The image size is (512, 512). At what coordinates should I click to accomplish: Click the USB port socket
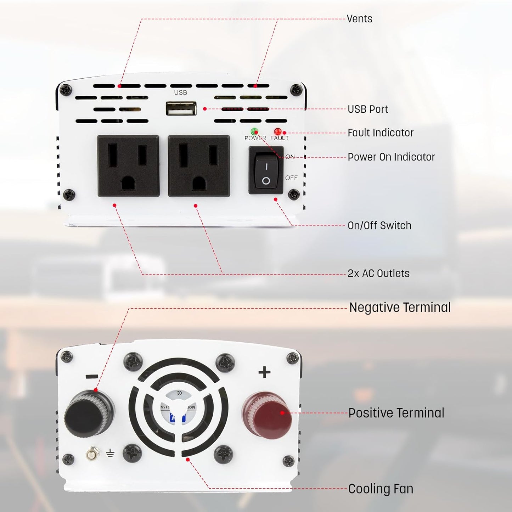[x=181, y=109]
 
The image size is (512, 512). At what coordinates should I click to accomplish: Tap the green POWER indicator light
[x=254, y=131]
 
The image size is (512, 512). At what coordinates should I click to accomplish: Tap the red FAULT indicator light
[x=278, y=131]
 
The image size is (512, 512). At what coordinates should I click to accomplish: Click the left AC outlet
[x=128, y=165]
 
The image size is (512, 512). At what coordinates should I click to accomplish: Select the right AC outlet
[x=199, y=165]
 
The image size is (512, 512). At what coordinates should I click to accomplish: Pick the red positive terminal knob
[x=268, y=415]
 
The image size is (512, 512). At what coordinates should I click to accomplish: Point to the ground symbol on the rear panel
[x=110, y=453]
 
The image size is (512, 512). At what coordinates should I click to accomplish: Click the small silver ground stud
[x=92, y=454]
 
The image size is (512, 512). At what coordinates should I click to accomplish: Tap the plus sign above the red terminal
[x=264, y=372]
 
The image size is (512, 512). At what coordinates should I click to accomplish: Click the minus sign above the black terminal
[x=92, y=376]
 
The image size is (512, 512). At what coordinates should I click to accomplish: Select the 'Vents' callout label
[x=359, y=19]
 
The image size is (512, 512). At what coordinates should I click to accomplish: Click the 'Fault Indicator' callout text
[x=380, y=133]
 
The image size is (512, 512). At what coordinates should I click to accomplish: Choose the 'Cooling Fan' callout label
[x=381, y=489]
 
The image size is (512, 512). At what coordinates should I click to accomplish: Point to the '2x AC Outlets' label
[x=378, y=274]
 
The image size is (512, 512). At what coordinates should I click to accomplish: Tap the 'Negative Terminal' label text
[x=400, y=308]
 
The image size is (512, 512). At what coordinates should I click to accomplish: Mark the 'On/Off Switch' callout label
[x=379, y=225]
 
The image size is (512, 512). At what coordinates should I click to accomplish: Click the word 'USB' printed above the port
[x=180, y=92]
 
